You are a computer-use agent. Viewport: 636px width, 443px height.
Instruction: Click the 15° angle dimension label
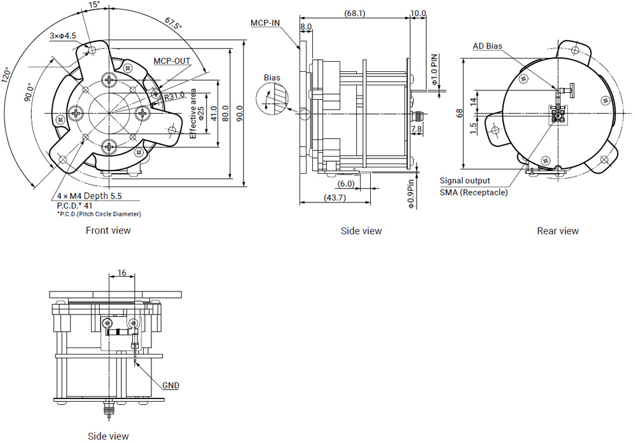tap(93, 5)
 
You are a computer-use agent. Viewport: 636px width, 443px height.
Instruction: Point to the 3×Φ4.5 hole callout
tap(63, 36)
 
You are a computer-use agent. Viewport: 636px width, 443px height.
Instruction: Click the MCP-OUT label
tap(172, 61)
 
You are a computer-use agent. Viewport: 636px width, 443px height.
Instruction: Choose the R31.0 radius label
tap(174, 96)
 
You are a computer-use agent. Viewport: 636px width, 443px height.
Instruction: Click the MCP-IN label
tap(265, 23)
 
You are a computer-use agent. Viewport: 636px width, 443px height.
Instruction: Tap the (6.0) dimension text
tap(346, 183)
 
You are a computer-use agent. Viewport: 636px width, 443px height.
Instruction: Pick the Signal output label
tap(465, 181)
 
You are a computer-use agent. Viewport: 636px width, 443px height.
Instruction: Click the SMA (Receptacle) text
tap(474, 192)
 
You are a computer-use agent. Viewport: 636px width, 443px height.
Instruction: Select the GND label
tap(170, 385)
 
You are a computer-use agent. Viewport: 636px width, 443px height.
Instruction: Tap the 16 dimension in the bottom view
tap(122, 272)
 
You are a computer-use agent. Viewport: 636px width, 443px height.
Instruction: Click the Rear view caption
tap(558, 231)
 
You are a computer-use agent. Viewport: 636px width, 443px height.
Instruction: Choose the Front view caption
tap(108, 230)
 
